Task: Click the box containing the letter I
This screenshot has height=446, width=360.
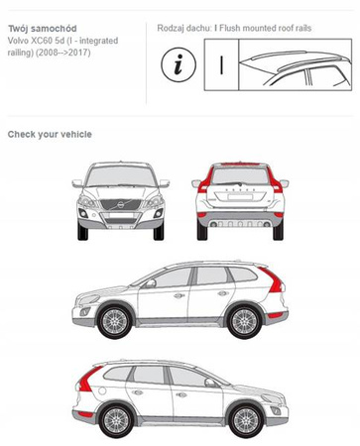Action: pos(220,66)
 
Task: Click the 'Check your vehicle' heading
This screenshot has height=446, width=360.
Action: pos(50,133)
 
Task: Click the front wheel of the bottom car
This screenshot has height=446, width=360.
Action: pos(241,415)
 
